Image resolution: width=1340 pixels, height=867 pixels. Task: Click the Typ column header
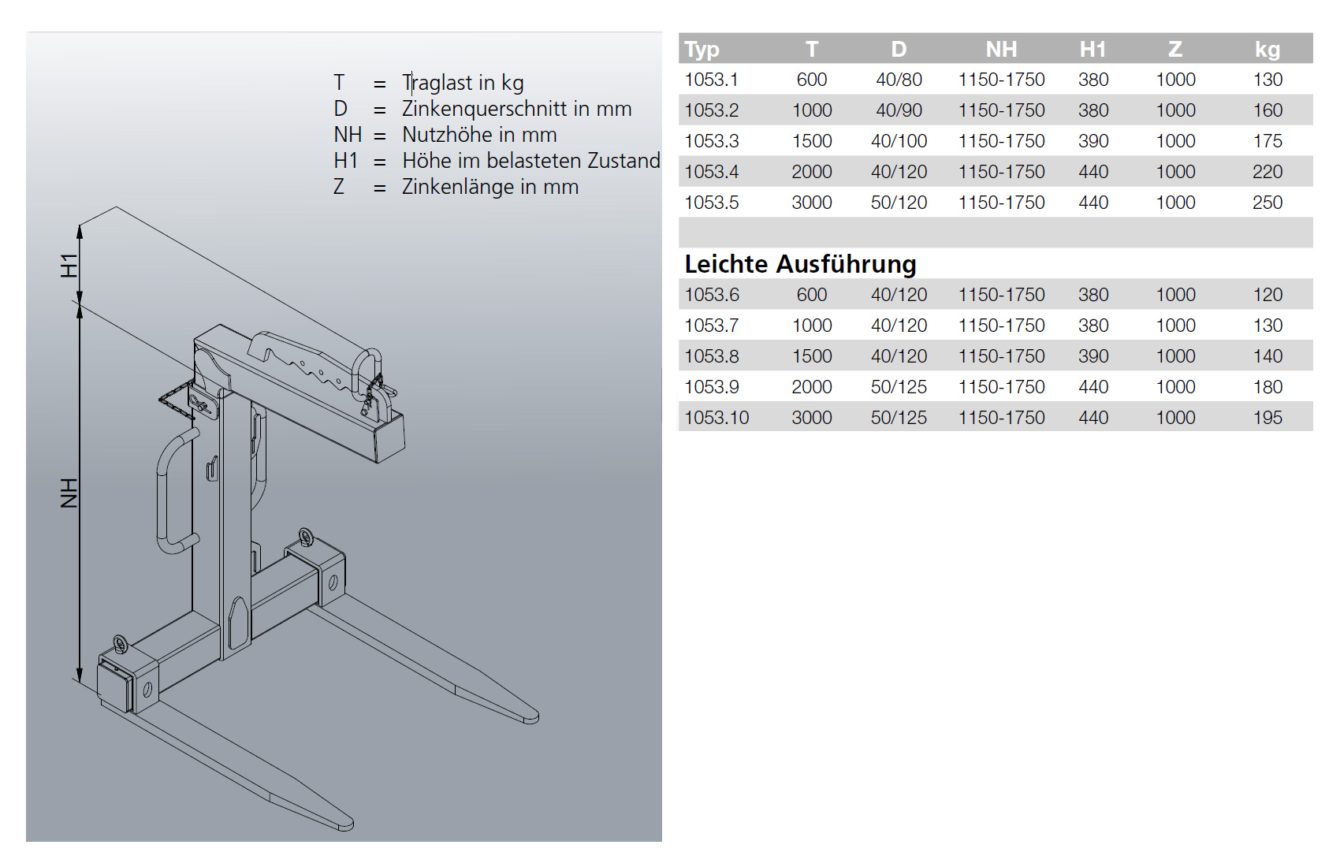click(702, 49)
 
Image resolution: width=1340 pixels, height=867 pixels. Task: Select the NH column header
click(1001, 49)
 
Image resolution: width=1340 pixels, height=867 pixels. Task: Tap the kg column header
click(1267, 49)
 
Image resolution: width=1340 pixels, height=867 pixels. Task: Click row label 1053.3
click(712, 141)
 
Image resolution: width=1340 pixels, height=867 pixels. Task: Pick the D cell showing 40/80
click(899, 80)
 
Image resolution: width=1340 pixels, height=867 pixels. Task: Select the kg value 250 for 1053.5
click(1267, 203)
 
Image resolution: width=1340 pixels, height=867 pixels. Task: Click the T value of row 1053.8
click(812, 356)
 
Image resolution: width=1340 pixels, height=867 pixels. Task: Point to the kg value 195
click(1267, 418)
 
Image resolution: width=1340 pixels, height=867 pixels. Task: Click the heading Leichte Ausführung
click(800, 264)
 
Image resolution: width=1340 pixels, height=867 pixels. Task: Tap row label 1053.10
click(717, 418)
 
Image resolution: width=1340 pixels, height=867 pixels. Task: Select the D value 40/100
click(899, 141)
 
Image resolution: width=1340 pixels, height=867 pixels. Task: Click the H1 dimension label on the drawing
click(69, 266)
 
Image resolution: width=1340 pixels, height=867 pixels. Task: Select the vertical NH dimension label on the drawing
click(69, 493)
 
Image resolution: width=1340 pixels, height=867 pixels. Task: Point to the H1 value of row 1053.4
click(1093, 172)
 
